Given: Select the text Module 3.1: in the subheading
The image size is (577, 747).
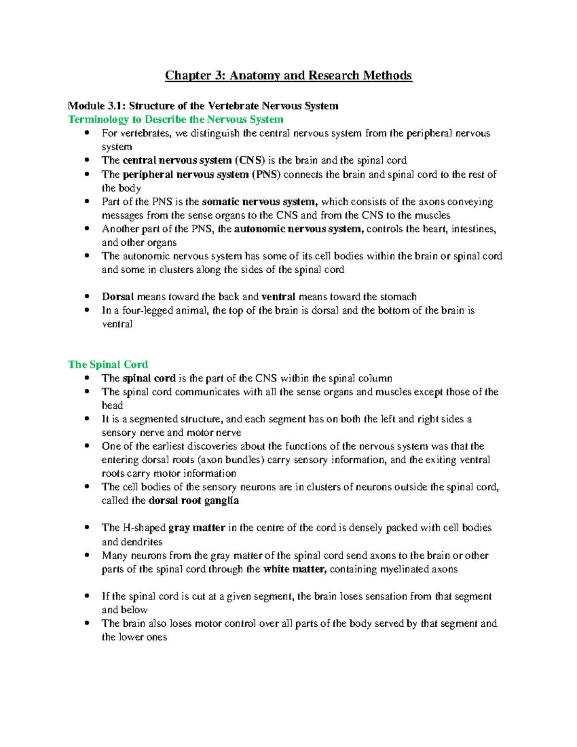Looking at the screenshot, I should [x=97, y=106].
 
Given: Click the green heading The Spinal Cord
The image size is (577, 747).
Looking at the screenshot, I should [x=108, y=365].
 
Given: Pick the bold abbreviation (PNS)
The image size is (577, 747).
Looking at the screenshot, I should [x=266, y=175].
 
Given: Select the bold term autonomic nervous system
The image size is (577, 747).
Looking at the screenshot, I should [x=299, y=229].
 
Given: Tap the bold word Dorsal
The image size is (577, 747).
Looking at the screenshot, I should [x=118, y=297].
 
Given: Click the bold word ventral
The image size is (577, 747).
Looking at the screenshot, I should [x=278, y=297].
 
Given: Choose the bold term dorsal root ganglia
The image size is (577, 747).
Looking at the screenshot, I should [x=194, y=501].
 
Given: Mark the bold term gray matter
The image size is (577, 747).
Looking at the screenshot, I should [x=197, y=528].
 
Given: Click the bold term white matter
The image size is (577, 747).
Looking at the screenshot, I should [x=295, y=570].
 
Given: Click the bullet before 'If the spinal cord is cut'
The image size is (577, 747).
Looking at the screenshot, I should [x=87, y=596].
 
